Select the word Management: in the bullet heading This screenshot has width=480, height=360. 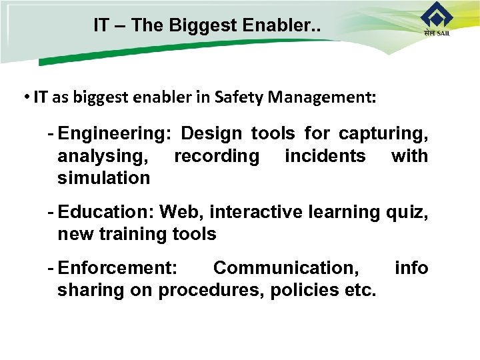(x=323, y=98)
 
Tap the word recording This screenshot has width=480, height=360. (x=217, y=156)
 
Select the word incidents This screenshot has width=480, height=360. (x=325, y=156)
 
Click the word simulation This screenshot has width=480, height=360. (x=104, y=178)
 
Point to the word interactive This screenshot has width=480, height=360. (x=257, y=212)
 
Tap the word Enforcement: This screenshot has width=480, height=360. (x=118, y=268)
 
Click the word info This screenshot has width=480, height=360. (x=411, y=268)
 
